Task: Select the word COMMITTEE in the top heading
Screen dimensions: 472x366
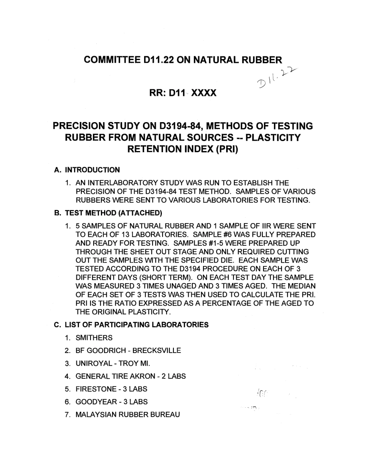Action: point(109,60)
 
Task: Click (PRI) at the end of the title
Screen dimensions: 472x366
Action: point(226,149)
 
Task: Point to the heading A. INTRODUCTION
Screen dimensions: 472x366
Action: point(87,170)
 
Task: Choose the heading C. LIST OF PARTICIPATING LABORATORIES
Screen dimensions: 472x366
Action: point(131,325)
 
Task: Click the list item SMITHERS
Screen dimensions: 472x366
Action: point(94,338)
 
